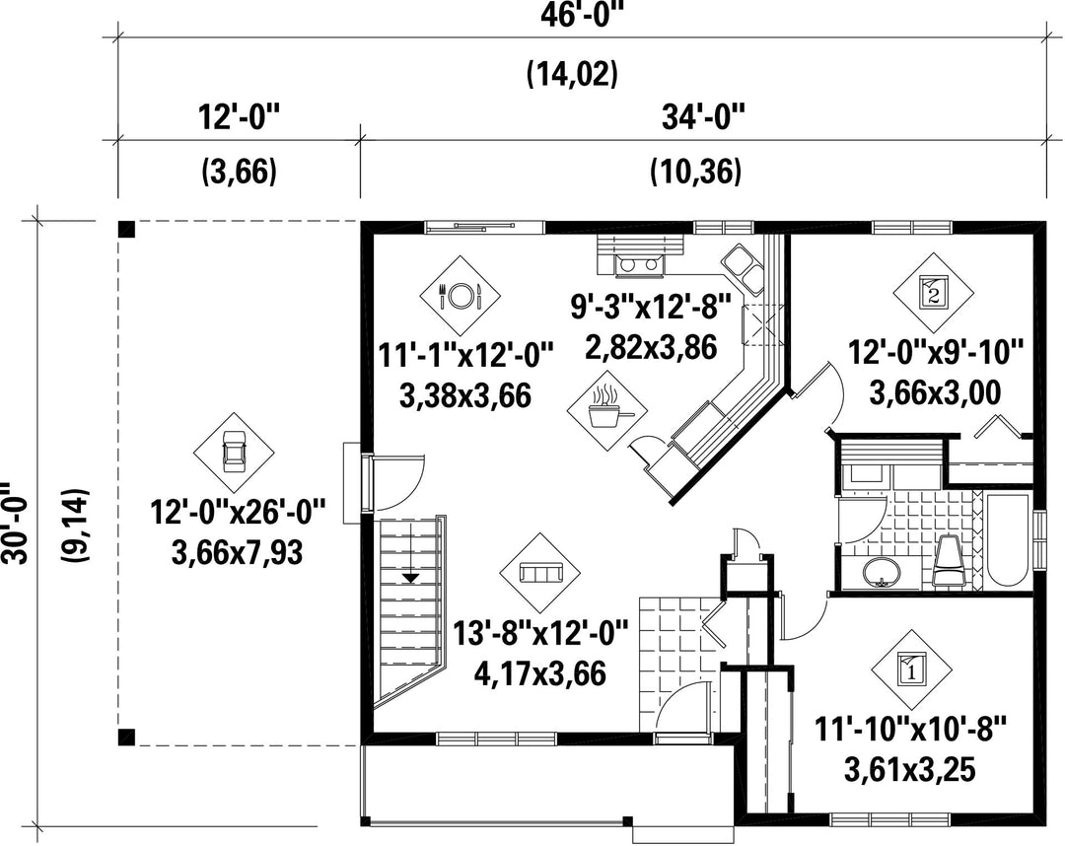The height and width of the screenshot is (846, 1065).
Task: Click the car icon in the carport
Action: [x=235, y=453]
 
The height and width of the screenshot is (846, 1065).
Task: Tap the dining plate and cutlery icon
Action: [x=460, y=296]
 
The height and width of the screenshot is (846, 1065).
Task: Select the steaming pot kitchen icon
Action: [x=607, y=410]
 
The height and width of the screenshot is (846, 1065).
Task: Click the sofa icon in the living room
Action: [x=540, y=572]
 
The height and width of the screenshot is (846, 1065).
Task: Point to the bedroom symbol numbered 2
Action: [x=933, y=293]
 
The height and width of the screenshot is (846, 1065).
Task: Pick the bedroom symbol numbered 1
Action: [x=911, y=669]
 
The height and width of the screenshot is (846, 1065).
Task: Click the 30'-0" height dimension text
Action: [x=15, y=523]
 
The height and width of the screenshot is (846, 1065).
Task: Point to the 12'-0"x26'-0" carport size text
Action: [x=238, y=512]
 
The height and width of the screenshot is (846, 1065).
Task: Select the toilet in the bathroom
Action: [x=951, y=561]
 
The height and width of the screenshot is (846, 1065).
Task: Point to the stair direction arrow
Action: [x=410, y=579]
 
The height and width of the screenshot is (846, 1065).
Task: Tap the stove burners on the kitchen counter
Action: [x=638, y=264]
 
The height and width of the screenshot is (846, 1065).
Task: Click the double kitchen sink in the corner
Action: [x=743, y=269]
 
